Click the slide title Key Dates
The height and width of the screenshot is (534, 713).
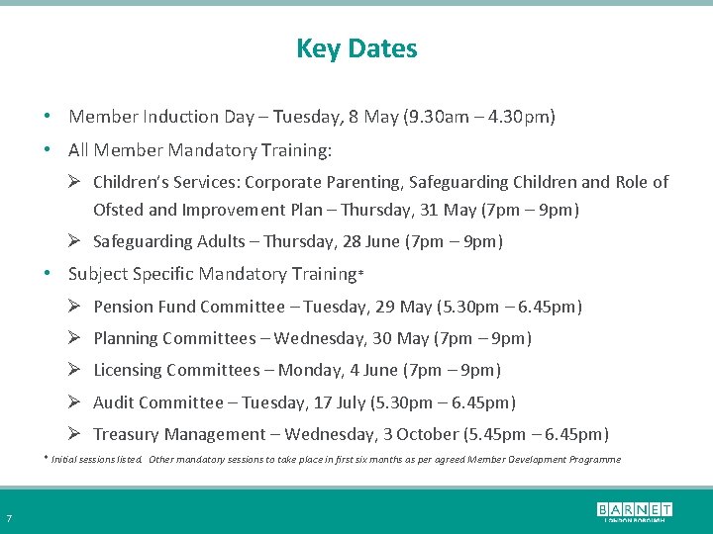click(x=356, y=48)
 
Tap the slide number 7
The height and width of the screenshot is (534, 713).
click(x=9, y=519)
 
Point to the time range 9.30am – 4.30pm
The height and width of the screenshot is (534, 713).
click(x=479, y=117)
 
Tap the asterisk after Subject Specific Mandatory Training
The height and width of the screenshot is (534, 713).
click(x=360, y=272)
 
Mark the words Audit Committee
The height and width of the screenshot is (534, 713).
click(x=158, y=402)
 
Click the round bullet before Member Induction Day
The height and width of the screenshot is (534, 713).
click(x=48, y=117)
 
